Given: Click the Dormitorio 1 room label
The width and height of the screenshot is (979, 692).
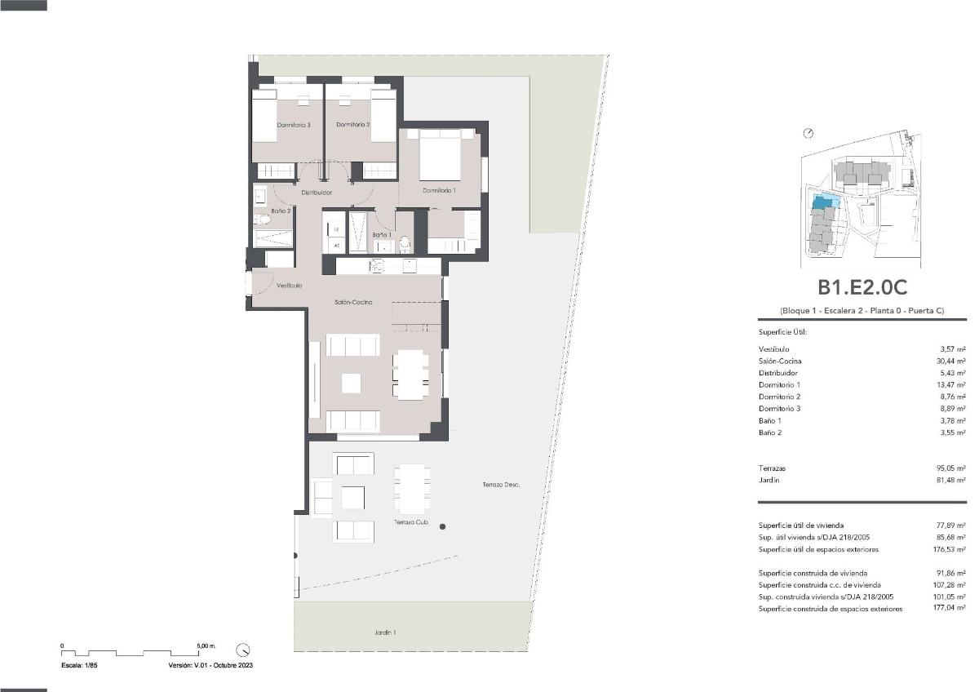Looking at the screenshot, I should (x=439, y=190).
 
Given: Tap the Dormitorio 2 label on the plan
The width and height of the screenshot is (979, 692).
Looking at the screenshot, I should (x=353, y=125).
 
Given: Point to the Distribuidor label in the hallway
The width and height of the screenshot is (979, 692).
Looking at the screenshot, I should (x=316, y=193).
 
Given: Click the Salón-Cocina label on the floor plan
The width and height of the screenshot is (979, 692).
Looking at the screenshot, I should (x=353, y=302).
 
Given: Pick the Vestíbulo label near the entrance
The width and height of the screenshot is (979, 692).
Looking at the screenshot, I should (x=289, y=286).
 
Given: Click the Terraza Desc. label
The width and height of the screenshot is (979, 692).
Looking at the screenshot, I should (x=501, y=485).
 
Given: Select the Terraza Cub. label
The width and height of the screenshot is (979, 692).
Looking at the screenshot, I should (x=411, y=522).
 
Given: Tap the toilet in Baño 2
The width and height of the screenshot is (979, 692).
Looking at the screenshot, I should (x=262, y=220).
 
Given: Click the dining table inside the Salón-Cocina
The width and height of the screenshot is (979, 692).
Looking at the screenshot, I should (x=410, y=375).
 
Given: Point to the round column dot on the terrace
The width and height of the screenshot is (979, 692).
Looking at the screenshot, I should (x=442, y=527).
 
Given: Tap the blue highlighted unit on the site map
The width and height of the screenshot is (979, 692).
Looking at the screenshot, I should (x=825, y=202).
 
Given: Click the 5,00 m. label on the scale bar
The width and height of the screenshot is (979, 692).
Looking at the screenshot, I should (x=206, y=645).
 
